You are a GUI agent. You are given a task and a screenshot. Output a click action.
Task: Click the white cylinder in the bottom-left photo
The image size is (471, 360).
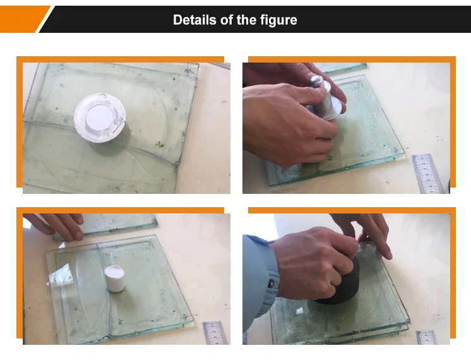point(115,279)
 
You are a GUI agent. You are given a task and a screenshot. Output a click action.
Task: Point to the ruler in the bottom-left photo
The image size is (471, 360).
point(215,333)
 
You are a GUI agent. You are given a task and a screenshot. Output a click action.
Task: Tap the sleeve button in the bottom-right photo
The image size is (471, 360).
point(271,283)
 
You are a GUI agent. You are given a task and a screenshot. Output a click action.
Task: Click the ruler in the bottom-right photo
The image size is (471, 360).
point(427,337)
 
